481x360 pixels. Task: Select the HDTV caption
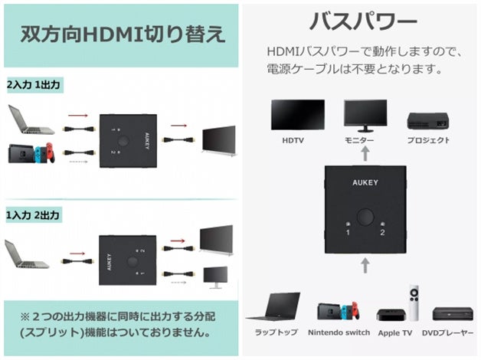[293, 140]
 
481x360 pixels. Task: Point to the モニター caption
[358, 141]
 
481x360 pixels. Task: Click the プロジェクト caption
[427, 140]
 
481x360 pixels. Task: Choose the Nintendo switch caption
[339, 332]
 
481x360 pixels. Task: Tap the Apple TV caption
[394, 332]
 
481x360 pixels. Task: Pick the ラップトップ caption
[277, 332]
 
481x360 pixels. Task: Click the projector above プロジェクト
[427, 119]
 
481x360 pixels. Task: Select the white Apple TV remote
[414, 304]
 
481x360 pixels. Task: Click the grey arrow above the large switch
[365, 154]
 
